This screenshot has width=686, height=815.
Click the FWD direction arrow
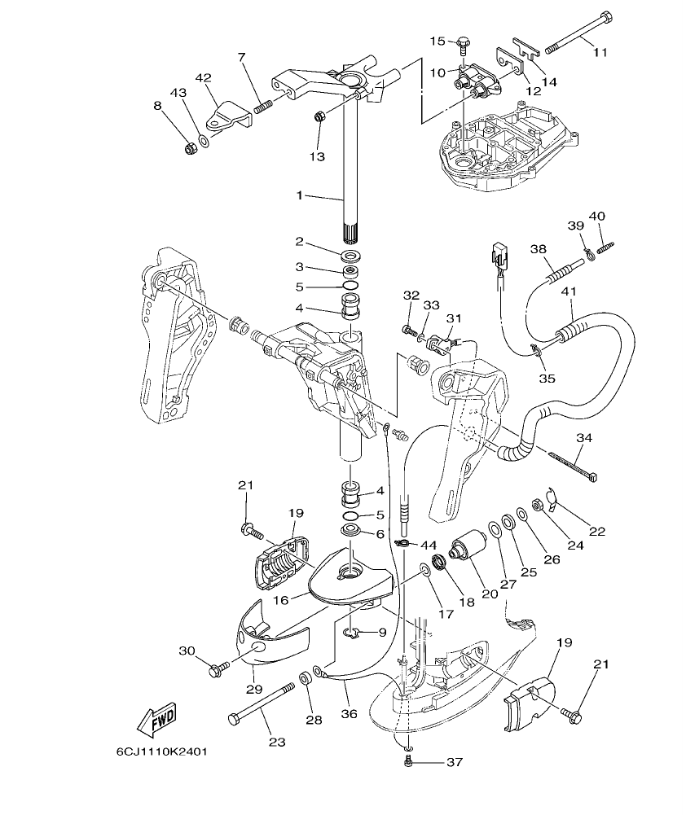click(157, 717)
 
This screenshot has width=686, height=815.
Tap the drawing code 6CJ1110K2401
click(161, 751)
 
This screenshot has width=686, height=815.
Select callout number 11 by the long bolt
click(600, 52)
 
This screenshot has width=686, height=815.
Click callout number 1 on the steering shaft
click(300, 195)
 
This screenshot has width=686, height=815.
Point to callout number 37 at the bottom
click(453, 763)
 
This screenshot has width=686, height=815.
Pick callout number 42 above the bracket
click(203, 78)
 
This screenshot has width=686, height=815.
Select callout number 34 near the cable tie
click(583, 438)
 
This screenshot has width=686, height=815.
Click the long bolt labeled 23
click(262, 704)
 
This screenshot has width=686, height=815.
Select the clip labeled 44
click(402, 544)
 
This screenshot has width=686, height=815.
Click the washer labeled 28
click(305, 677)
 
